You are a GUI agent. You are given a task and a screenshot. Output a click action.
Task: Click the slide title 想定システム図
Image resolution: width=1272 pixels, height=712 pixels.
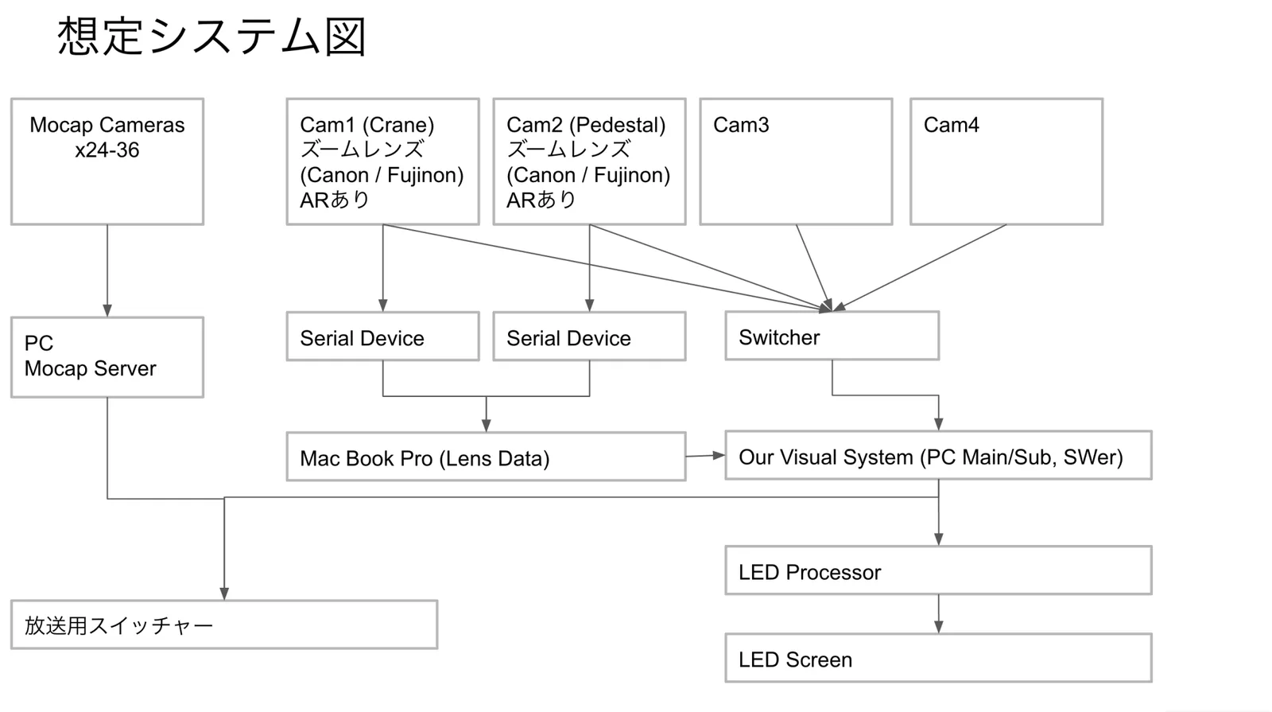click(211, 37)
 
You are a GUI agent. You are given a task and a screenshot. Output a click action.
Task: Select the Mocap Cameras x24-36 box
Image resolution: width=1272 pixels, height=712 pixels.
click(107, 161)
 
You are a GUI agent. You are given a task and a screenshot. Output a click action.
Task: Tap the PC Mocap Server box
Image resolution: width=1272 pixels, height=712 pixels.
click(107, 357)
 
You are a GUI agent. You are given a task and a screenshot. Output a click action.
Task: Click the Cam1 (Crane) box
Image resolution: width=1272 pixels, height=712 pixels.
click(382, 161)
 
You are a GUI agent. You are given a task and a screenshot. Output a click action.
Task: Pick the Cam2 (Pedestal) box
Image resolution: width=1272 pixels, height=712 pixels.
click(589, 161)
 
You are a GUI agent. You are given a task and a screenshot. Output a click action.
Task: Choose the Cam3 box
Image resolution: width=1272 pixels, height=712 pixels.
click(796, 161)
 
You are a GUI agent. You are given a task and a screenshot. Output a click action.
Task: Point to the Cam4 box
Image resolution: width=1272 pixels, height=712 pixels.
click(1006, 161)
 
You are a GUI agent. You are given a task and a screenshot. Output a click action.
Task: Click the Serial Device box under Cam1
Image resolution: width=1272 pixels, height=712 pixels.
click(382, 337)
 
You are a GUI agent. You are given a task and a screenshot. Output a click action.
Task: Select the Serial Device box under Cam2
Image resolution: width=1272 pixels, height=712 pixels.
click(589, 337)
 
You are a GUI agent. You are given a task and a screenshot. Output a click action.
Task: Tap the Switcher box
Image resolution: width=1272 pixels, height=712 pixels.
click(832, 337)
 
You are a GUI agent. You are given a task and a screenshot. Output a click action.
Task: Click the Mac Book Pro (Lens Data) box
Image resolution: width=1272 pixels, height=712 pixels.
click(486, 457)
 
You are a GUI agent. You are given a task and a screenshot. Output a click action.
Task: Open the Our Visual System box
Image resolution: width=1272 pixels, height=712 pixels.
click(938, 456)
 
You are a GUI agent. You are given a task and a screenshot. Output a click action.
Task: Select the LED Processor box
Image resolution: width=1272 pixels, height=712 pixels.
click(938, 571)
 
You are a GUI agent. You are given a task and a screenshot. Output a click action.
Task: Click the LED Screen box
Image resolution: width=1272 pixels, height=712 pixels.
click(938, 659)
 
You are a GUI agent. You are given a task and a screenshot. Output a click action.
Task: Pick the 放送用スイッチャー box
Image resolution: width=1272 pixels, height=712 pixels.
click(224, 625)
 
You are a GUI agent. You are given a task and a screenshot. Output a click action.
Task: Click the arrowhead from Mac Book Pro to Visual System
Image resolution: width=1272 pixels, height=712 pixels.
click(719, 455)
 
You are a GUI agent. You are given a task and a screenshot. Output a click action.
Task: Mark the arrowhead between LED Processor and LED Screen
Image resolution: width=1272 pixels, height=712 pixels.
click(939, 627)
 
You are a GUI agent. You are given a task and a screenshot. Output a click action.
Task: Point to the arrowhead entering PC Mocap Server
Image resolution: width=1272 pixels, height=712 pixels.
click(107, 310)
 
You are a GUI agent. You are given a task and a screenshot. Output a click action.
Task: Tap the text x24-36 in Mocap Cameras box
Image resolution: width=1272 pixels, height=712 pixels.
click(107, 150)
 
